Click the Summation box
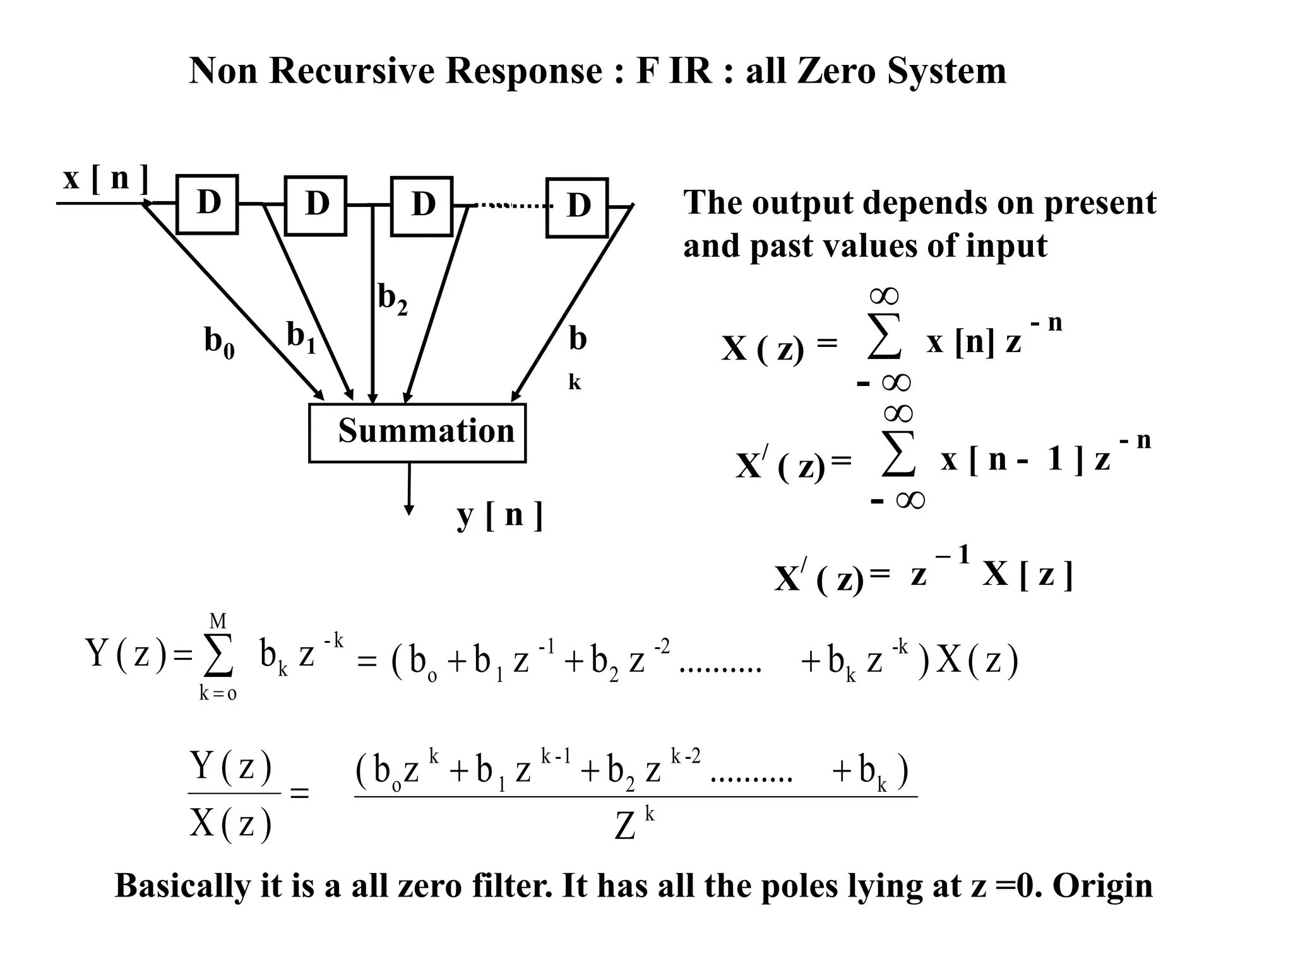[417, 433]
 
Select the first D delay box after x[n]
[207, 204]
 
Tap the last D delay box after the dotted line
[577, 208]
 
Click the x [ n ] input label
[105, 179]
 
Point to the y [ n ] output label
[499, 515]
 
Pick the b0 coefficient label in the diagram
[219, 343]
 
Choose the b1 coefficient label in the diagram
[301, 337]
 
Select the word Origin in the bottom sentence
[1102, 885]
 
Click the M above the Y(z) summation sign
[218, 621]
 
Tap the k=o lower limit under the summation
[218, 693]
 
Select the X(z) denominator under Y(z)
[230, 823]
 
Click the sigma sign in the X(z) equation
[884, 339]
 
